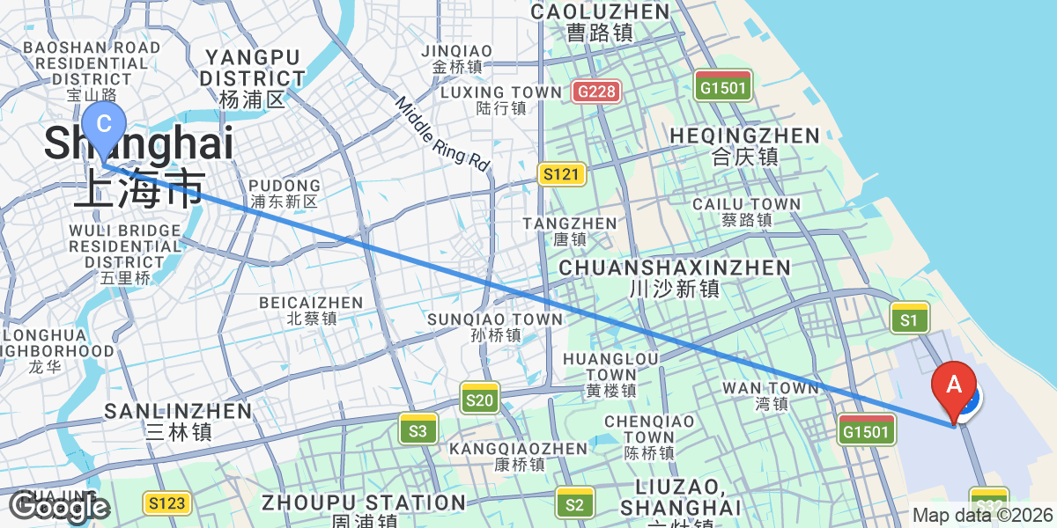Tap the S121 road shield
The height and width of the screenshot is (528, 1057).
tap(561, 174)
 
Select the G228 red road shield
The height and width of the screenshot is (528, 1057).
tap(596, 91)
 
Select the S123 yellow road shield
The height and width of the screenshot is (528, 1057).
tap(166, 503)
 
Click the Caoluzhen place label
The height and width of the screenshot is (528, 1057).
tap(600, 21)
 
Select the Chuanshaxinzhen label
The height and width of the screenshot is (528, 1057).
tap(675, 276)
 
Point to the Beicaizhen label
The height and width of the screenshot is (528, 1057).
tap(311, 311)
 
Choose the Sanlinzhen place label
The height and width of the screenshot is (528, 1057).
tap(178, 421)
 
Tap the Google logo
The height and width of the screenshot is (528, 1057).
tap(59, 507)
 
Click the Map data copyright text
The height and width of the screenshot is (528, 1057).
tap(981, 516)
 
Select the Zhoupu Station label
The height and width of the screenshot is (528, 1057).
tap(363, 510)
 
